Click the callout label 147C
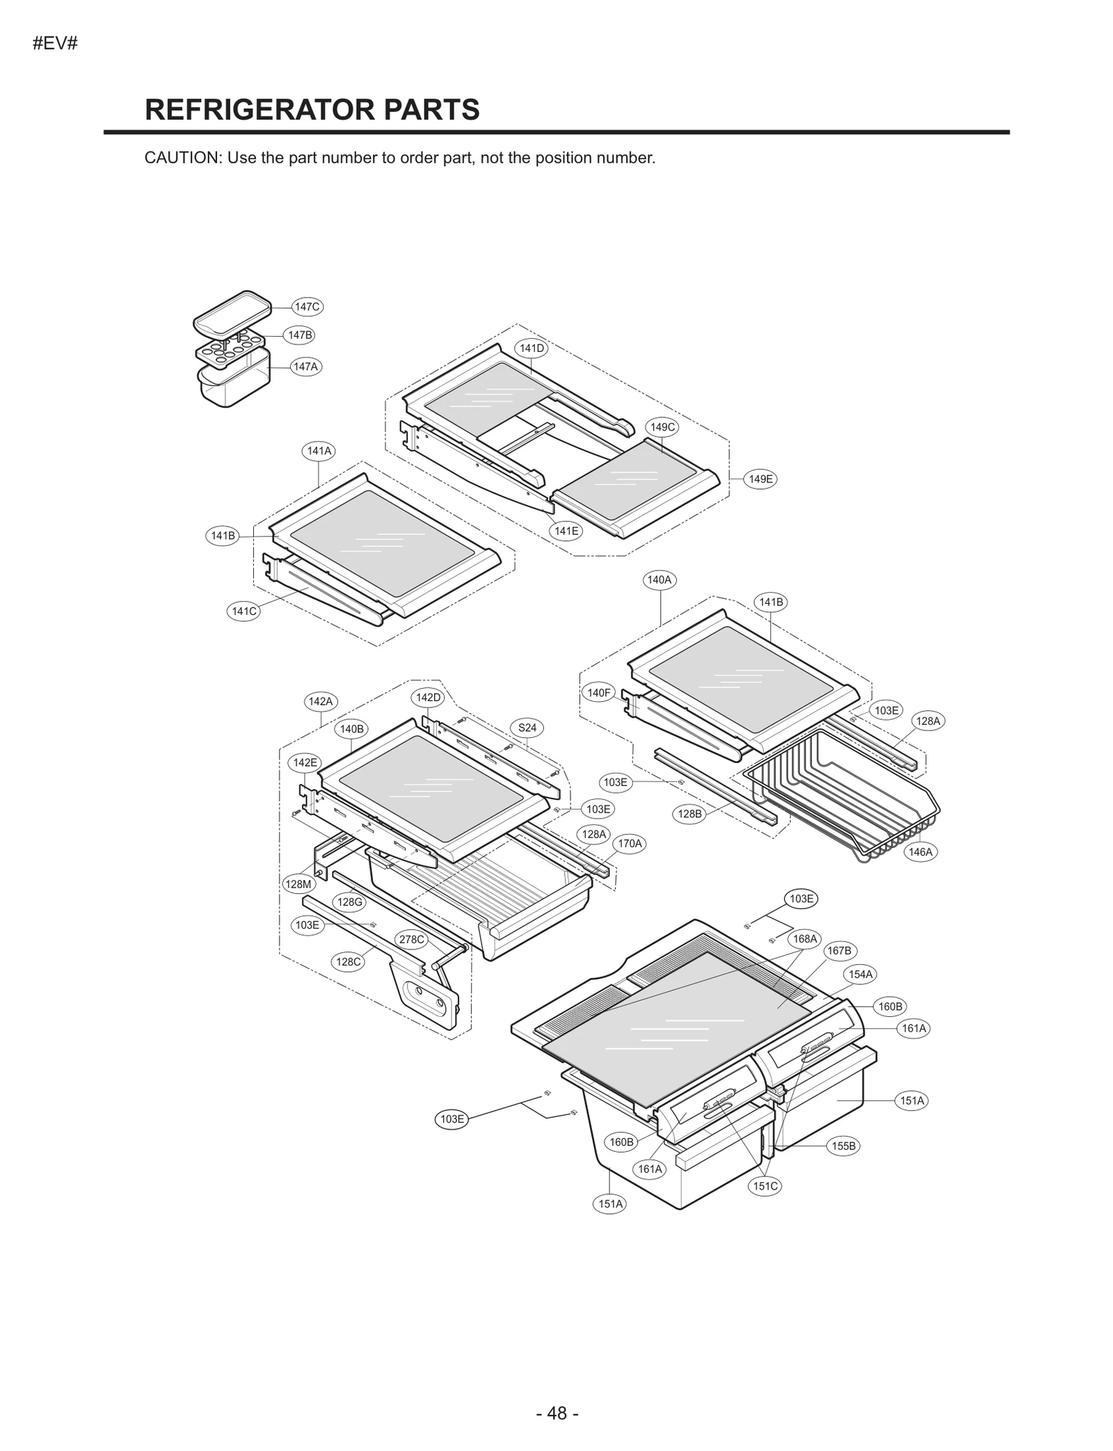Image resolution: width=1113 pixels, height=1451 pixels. (307, 307)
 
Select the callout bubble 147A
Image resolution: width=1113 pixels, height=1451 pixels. (306, 367)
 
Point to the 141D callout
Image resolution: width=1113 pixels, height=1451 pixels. (531, 348)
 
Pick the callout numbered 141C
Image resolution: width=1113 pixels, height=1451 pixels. (243, 611)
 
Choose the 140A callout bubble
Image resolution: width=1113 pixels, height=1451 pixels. (659, 580)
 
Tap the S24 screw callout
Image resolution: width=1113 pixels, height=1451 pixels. (527, 728)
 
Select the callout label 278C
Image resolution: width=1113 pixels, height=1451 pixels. (410, 940)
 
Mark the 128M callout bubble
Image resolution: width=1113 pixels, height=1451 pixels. (298, 884)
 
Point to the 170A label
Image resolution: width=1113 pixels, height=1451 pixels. (630, 844)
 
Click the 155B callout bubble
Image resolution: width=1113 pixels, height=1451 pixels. (844, 1146)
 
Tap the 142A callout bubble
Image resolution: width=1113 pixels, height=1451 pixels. (321, 701)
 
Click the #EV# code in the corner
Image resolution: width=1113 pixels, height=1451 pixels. (55, 44)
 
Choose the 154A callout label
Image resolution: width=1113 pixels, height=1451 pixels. (860, 975)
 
